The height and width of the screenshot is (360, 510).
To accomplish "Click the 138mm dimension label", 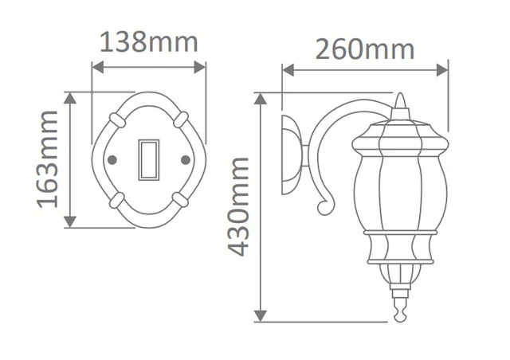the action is pos(149,42).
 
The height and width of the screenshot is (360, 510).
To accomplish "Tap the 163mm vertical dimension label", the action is pos(48,159).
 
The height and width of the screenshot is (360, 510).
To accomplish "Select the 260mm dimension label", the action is pos(365,49).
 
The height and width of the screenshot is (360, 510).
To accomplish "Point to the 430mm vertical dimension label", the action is pos(238,207).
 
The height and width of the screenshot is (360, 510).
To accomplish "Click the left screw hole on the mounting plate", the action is pos(112,159).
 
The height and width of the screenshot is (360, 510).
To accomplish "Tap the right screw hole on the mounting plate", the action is pos(186,159).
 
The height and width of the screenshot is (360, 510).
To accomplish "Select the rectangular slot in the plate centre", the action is pos(149,159).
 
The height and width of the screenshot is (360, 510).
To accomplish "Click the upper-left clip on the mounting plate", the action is pos(117,119).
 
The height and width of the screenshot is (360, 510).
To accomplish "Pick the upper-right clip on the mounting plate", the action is pos(181,119).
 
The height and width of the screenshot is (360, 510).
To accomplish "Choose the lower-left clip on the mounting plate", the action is pos(117,201).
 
